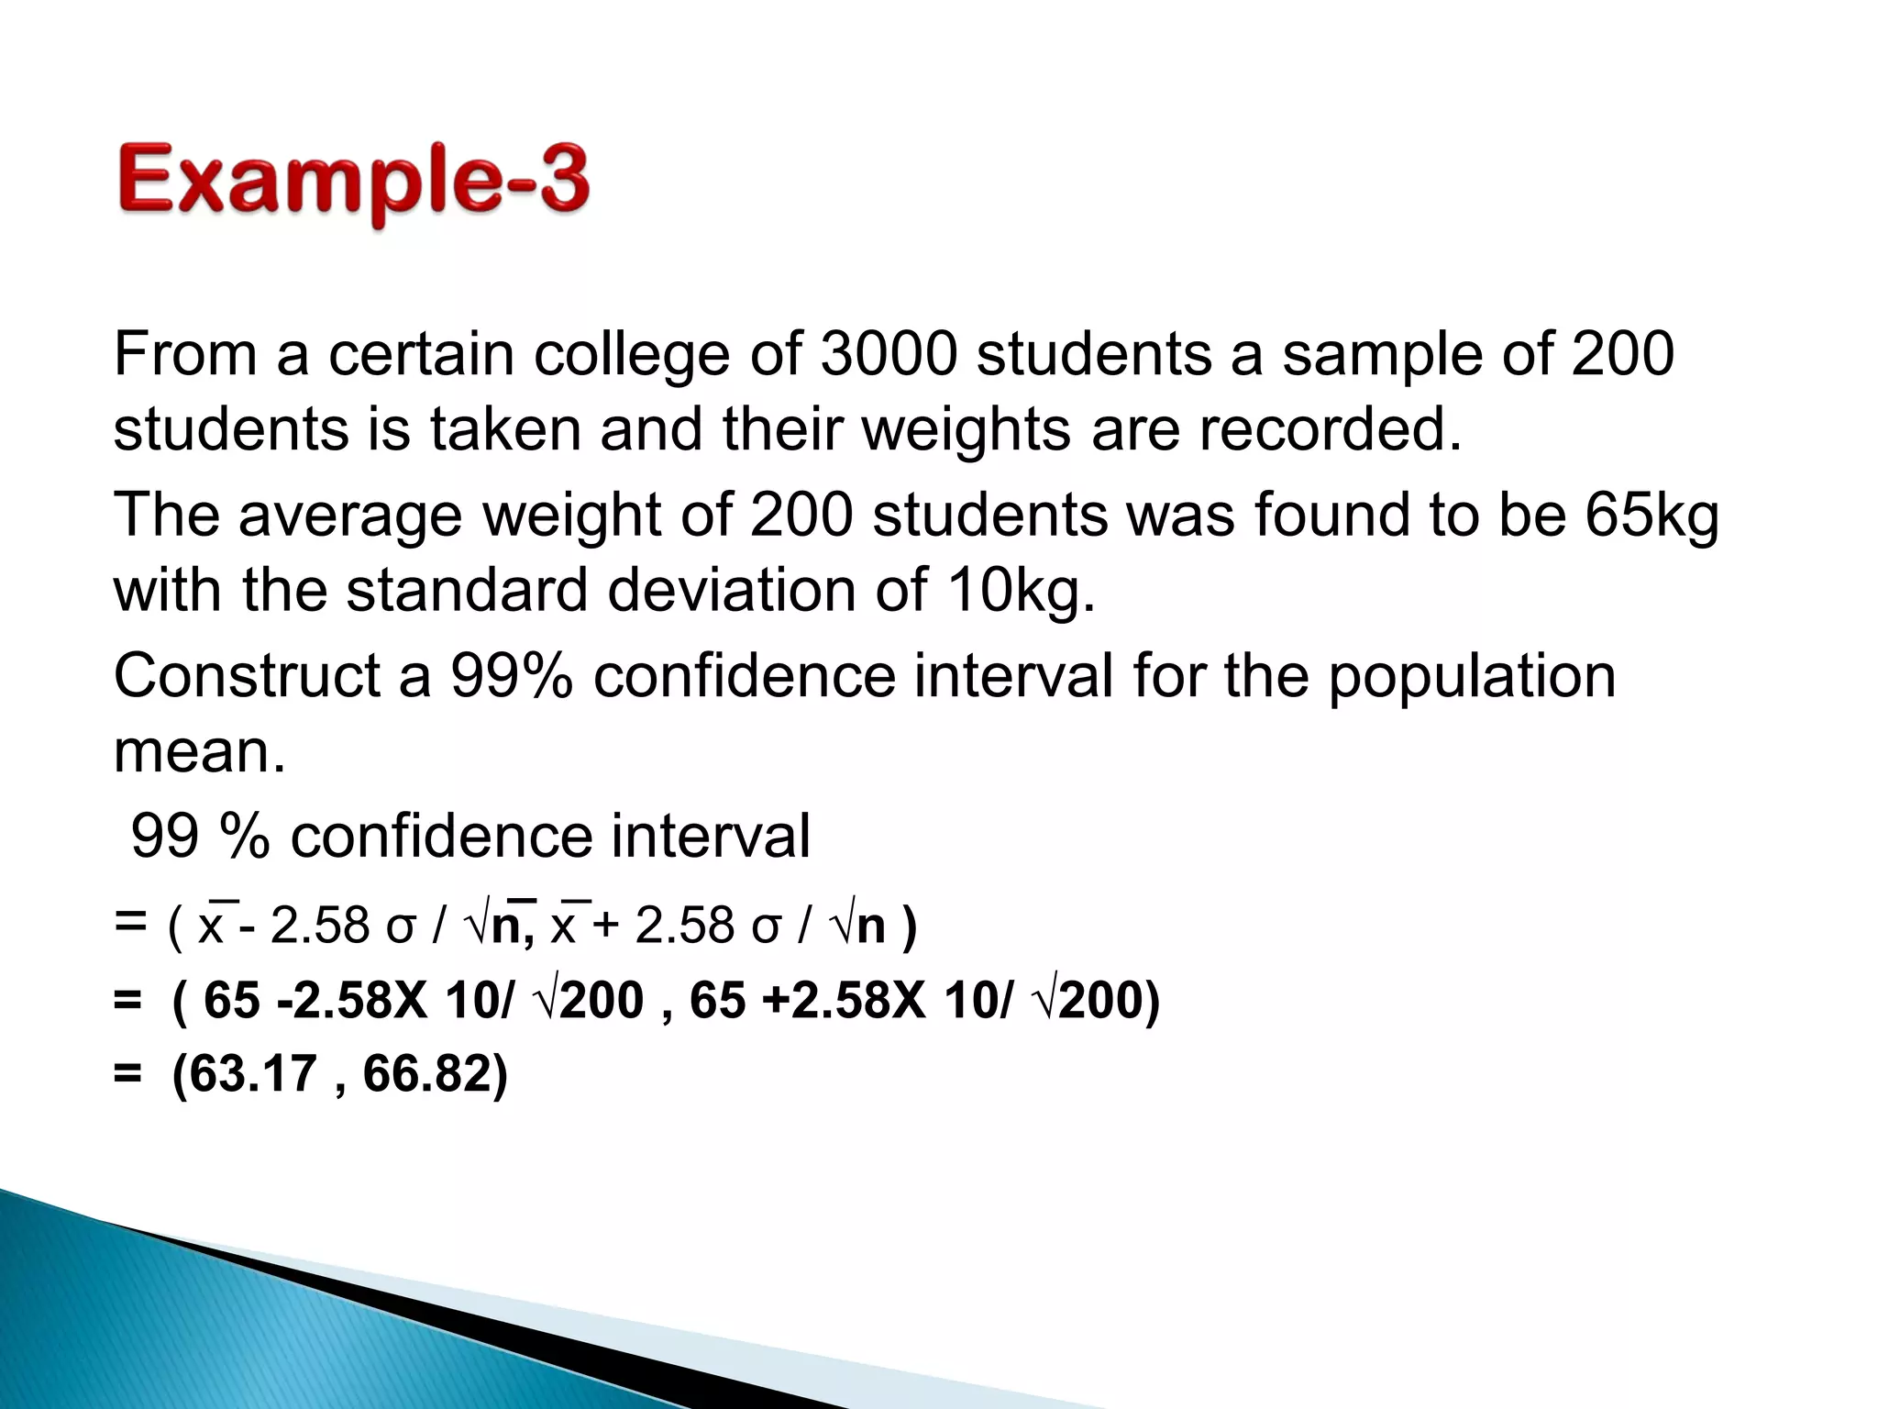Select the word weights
point(966,431)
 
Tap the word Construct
point(246,676)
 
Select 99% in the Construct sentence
point(511,676)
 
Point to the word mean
point(199,752)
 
